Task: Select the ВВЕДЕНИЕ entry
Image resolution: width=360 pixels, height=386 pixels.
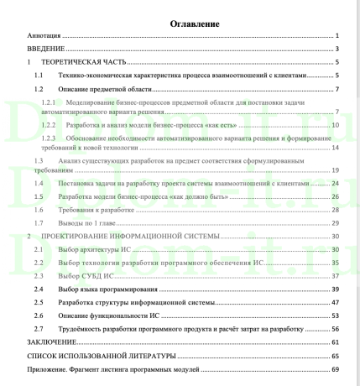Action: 42,50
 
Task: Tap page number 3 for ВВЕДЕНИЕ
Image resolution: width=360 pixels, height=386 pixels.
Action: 335,50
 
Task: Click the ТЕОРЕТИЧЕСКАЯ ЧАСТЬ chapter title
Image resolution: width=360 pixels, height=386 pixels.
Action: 88,63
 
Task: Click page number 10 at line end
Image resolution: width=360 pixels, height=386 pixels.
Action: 334,124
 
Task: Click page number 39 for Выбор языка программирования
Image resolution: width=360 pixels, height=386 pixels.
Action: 334,288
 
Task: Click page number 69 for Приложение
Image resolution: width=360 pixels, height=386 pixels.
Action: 334,368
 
